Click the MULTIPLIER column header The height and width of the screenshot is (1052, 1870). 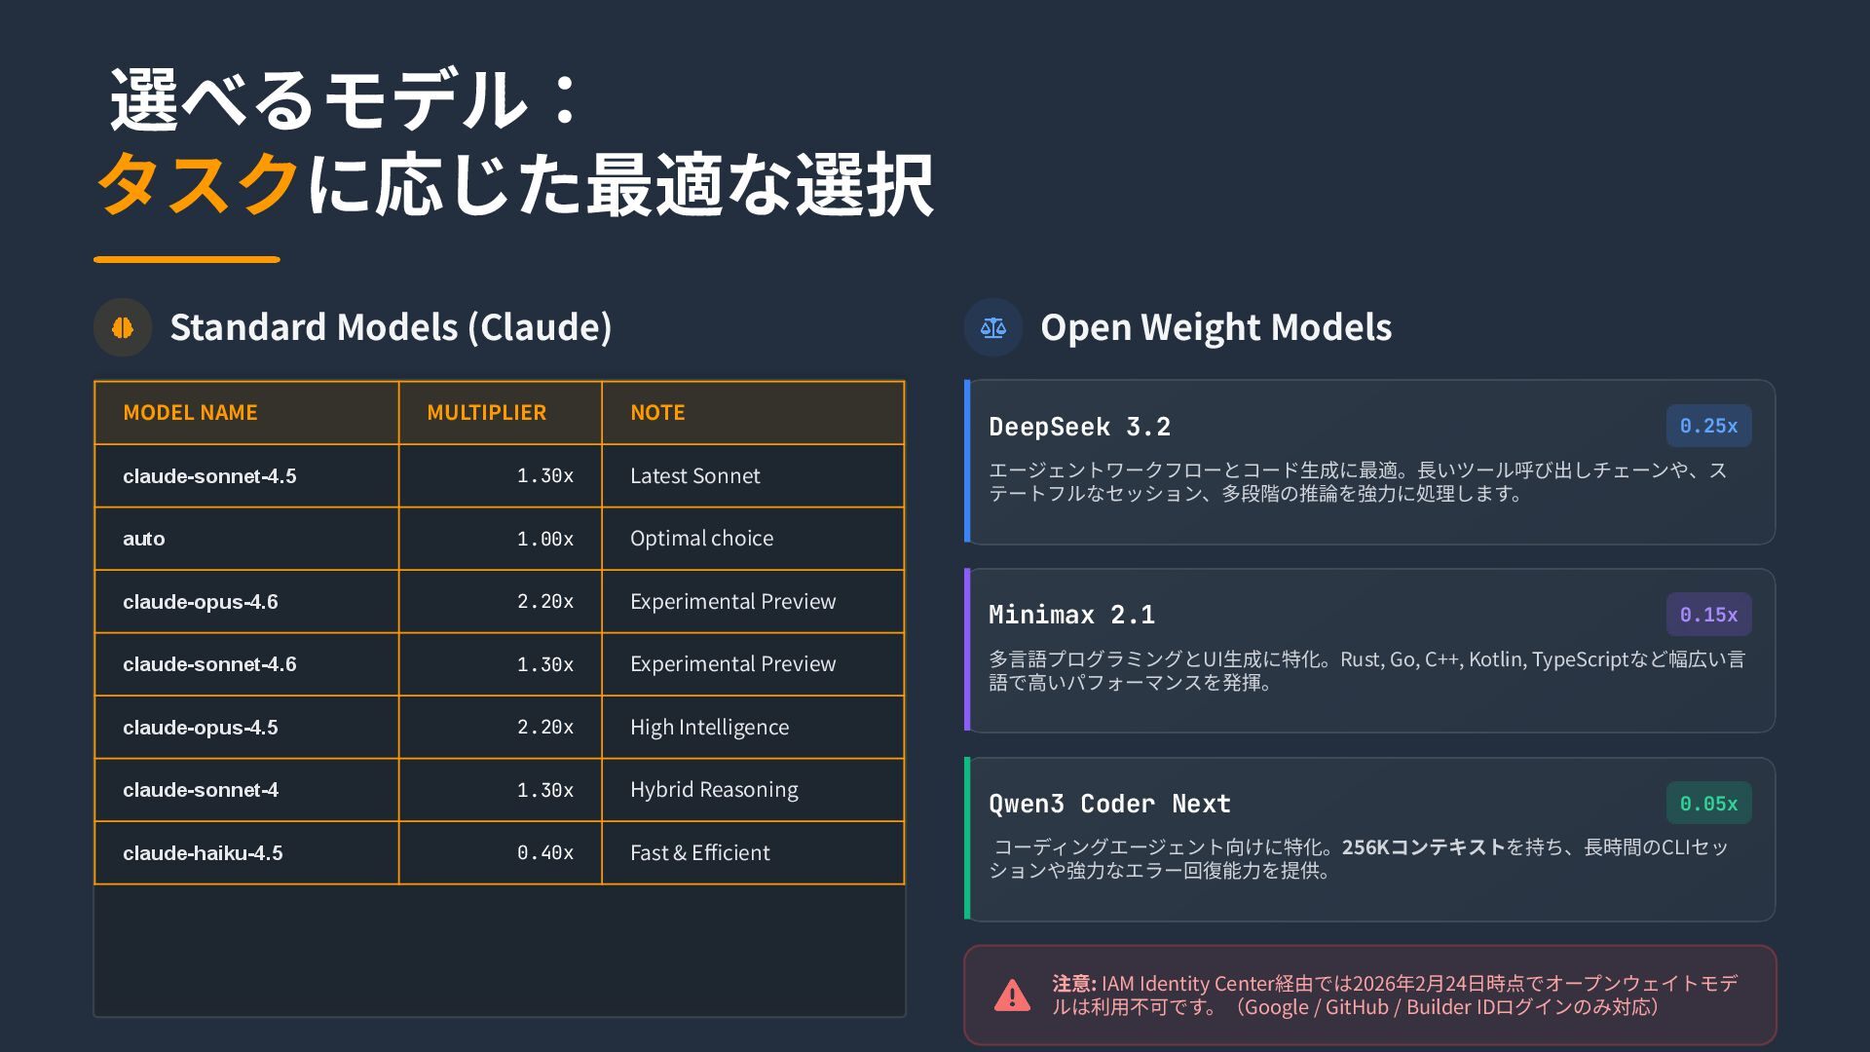tap(486, 412)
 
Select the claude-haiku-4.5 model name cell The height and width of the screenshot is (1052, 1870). tap(203, 853)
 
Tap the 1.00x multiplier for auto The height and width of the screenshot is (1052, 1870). tap(544, 539)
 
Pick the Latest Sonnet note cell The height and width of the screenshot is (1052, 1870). tap(694, 476)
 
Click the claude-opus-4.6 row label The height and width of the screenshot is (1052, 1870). tap(201, 602)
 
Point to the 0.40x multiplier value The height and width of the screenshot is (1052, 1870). tap(544, 853)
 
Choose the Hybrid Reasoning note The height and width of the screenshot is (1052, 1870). tap(714, 790)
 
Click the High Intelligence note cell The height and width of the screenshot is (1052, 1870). tap(709, 728)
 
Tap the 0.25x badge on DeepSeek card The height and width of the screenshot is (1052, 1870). tap(1708, 426)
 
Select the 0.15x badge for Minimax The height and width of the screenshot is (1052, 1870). tap(1708, 615)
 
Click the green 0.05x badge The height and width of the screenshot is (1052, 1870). tap(1708, 804)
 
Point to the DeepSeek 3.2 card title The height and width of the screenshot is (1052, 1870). tap(1079, 427)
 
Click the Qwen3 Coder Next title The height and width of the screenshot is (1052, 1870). tap(1109, 804)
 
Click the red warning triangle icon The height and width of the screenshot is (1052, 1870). tap(1012, 996)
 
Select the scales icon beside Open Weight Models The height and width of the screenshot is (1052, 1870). tap(992, 327)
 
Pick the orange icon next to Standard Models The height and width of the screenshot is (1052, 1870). tap(123, 327)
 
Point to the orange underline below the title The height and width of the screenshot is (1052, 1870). tap(187, 259)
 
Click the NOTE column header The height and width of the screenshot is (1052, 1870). tap(657, 412)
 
